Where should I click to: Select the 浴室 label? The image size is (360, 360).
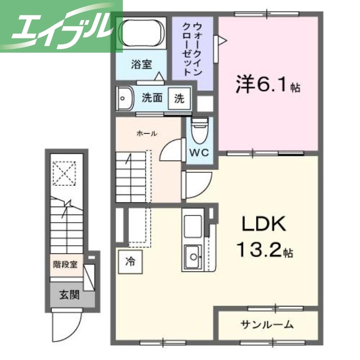(x=141, y=64)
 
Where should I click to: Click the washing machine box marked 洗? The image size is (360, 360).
(x=179, y=98)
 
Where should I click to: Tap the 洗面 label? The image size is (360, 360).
(x=152, y=98)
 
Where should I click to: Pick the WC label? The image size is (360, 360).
(x=198, y=152)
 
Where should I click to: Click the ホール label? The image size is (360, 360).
(x=147, y=133)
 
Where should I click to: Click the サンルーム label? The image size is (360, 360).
(x=267, y=324)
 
